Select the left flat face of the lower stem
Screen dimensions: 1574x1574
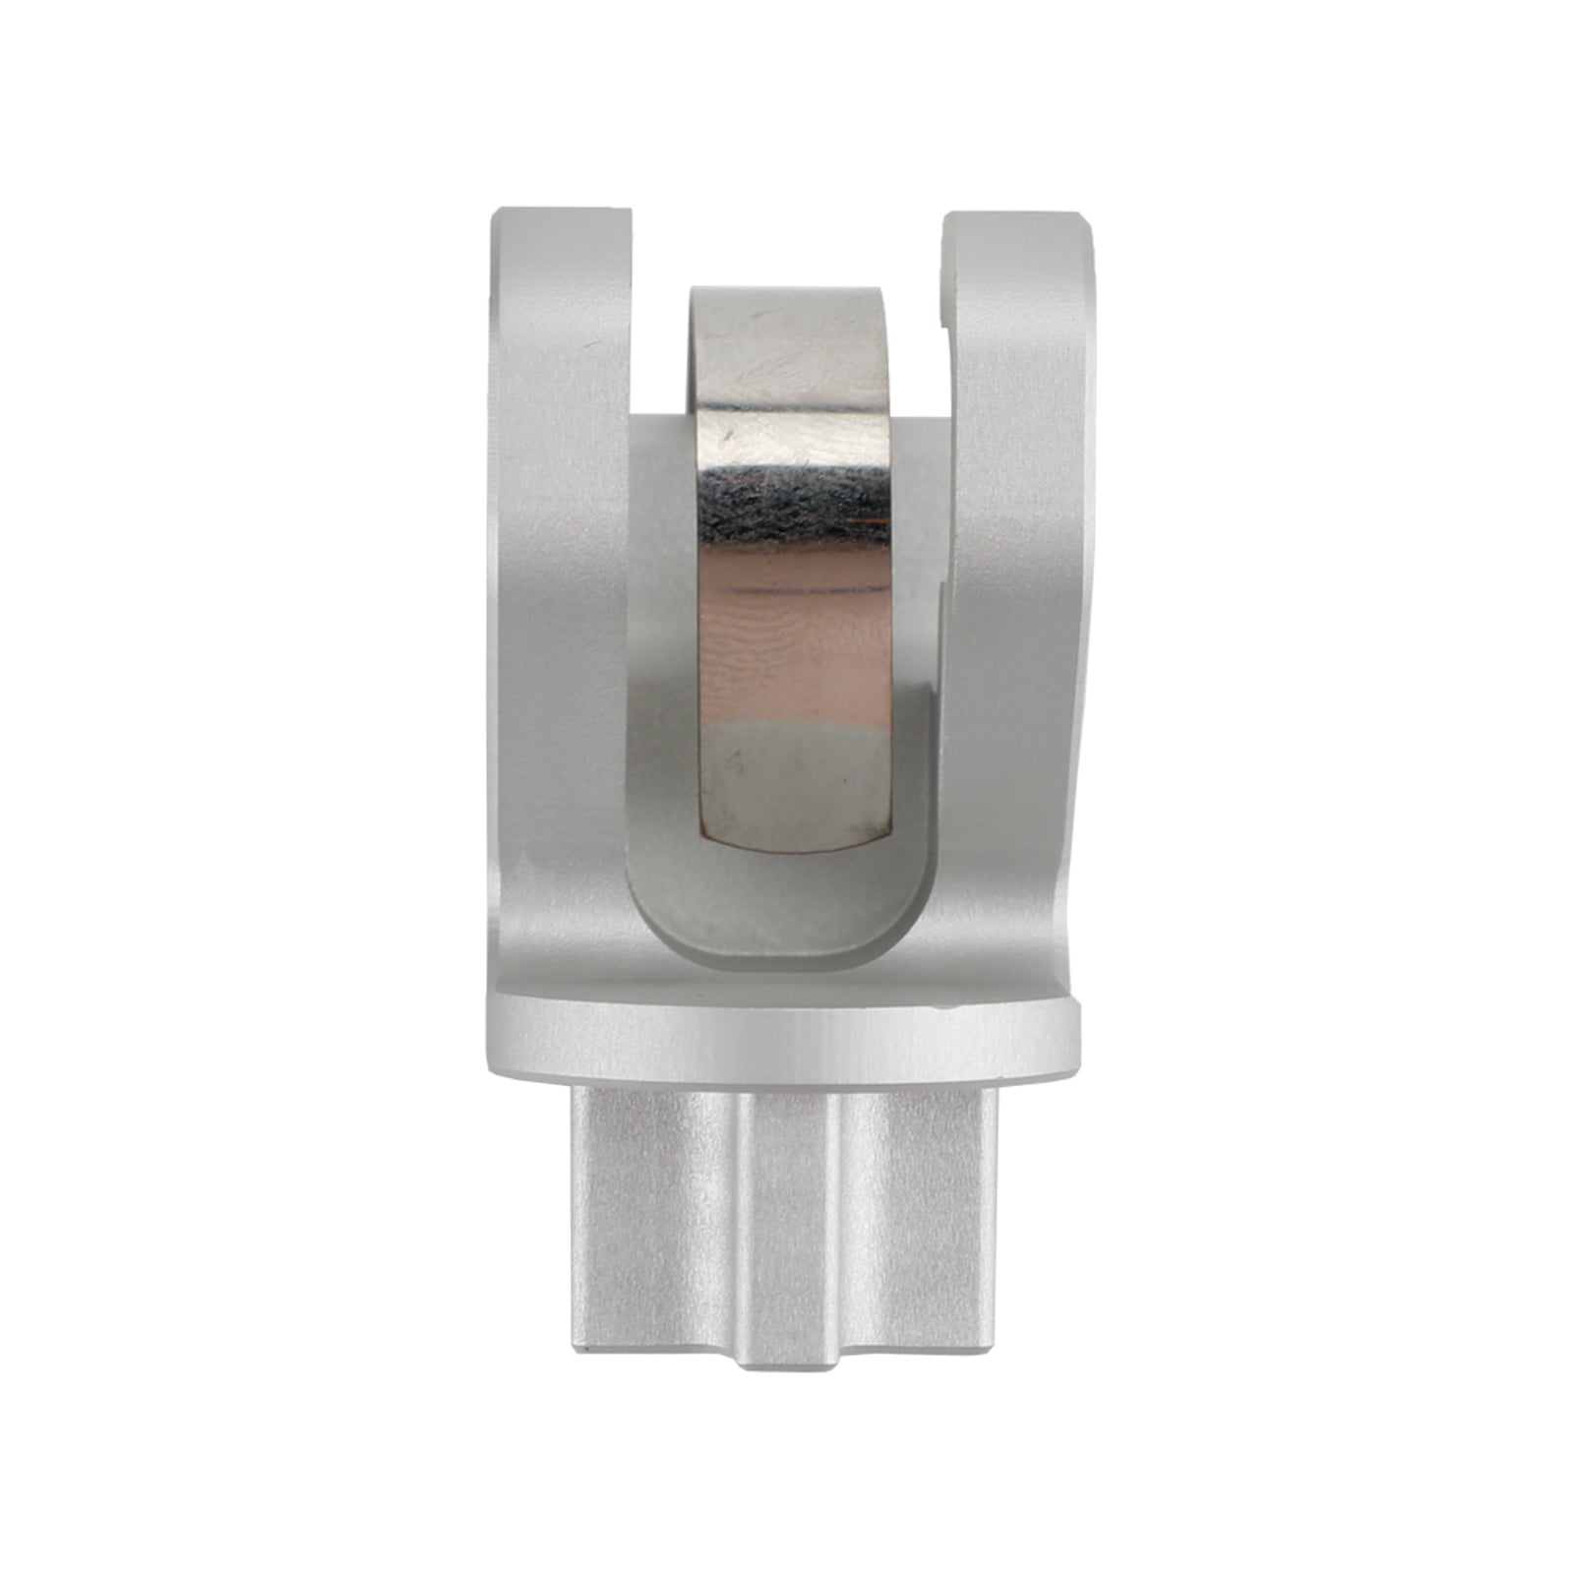tap(654, 1210)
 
